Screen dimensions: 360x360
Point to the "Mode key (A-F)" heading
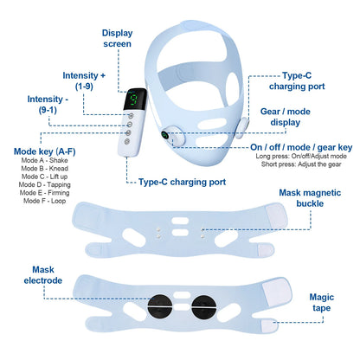[40, 152]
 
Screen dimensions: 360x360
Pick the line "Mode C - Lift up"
[46, 177]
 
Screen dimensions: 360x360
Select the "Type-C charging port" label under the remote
[182, 183]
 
